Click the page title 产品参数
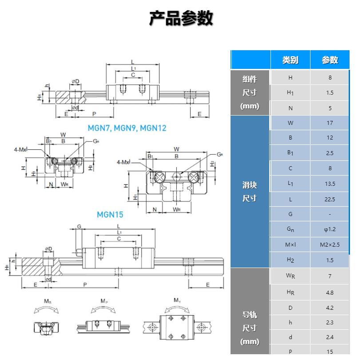181,18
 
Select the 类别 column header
290,60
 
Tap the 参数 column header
330,60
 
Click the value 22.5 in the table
330,199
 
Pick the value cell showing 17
330,123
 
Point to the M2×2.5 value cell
330,244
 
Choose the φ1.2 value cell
330,229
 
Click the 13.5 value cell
330,184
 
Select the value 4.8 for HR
330,292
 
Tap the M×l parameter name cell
290,244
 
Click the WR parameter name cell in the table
290,276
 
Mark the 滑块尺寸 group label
250,192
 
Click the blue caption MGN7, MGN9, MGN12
127,128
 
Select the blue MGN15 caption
110,215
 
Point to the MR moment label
47,301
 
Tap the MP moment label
103,301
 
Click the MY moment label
177,301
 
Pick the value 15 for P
330,352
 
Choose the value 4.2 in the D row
330,308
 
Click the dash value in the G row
330,214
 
